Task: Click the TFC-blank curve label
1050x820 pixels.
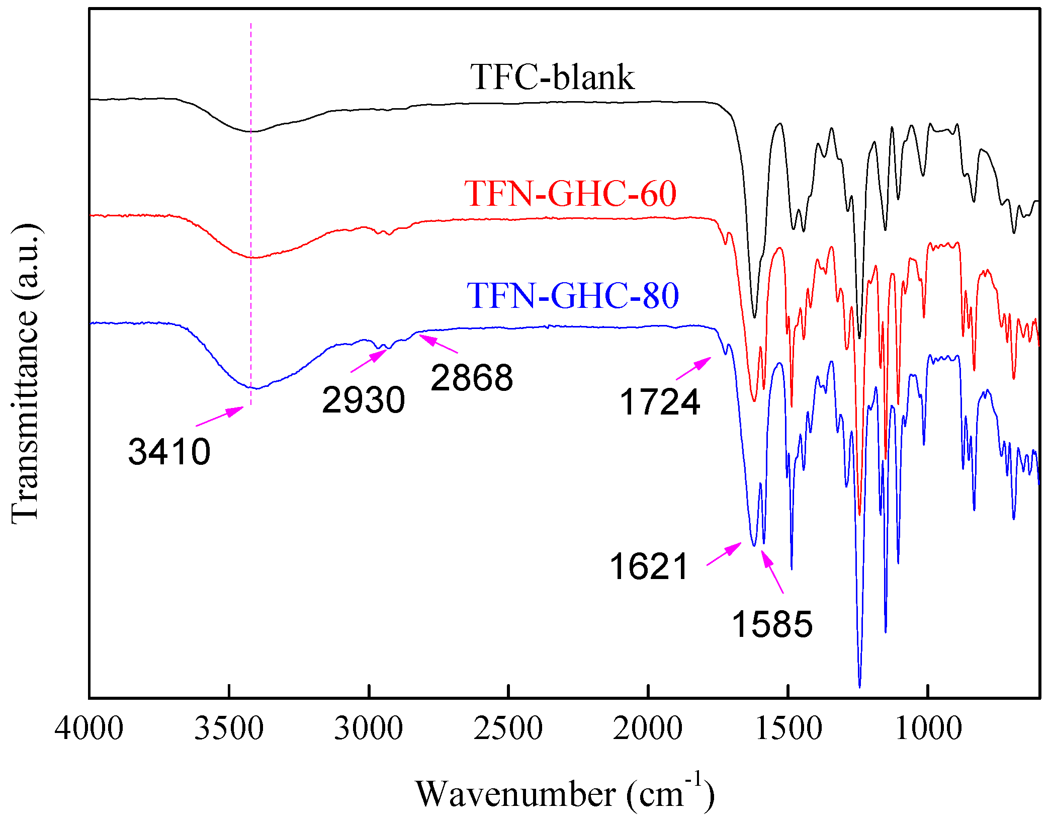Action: tap(552, 78)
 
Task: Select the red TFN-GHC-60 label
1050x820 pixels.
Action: tap(570, 194)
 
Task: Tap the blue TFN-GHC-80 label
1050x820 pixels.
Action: tap(573, 296)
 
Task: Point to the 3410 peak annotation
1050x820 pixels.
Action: tap(169, 452)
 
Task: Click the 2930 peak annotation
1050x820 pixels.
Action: tap(363, 400)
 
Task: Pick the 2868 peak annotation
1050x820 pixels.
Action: tap(472, 378)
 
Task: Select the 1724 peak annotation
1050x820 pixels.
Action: tap(659, 402)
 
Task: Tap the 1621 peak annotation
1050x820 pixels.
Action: tap(649, 566)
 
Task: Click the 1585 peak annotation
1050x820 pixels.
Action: tap(772, 624)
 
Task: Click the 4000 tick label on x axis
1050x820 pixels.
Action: tap(89, 728)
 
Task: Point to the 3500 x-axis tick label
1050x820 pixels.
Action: tap(229, 728)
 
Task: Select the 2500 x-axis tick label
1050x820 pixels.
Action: tap(508, 728)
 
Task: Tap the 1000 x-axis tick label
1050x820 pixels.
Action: tap(928, 728)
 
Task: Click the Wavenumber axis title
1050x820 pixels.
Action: tap(564, 794)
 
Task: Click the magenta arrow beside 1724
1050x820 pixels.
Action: tap(693, 368)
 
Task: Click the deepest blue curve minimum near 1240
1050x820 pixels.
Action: tap(859, 685)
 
